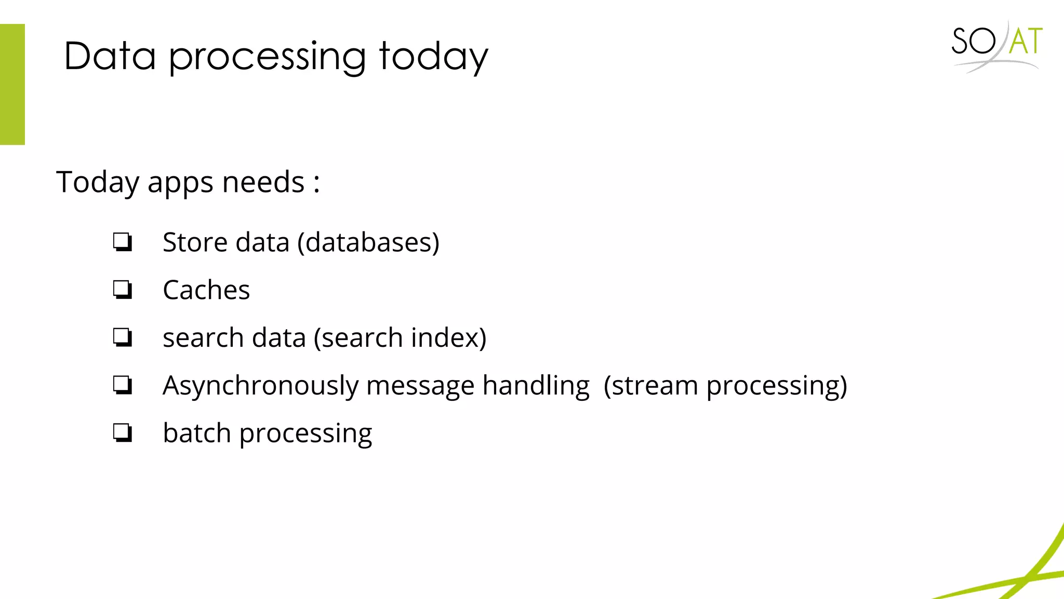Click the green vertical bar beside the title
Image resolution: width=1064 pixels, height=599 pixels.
pyautogui.click(x=12, y=84)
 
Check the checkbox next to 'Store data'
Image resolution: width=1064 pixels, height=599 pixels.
pyautogui.click(x=123, y=242)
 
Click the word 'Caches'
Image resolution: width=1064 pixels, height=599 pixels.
pyautogui.click(x=206, y=290)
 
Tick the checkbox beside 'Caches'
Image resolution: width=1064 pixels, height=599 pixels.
pyautogui.click(x=123, y=290)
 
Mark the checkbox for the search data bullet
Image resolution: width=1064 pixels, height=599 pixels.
pyautogui.click(x=123, y=337)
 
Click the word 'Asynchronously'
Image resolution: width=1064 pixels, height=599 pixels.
pyautogui.click(x=261, y=386)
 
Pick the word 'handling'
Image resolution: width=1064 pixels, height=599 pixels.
pyautogui.click(x=536, y=386)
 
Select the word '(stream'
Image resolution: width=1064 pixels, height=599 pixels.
pyautogui.click(x=650, y=386)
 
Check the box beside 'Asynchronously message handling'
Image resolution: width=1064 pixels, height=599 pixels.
pyautogui.click(x=123, y=385)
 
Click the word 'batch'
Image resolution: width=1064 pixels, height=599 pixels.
pyautogui.click(x=196, y=433)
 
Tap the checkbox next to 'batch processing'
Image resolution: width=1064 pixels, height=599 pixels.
pyautogui.click(x=123, y=433)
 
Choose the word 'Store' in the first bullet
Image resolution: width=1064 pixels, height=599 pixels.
pyautogui.click(x=195, y=243)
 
